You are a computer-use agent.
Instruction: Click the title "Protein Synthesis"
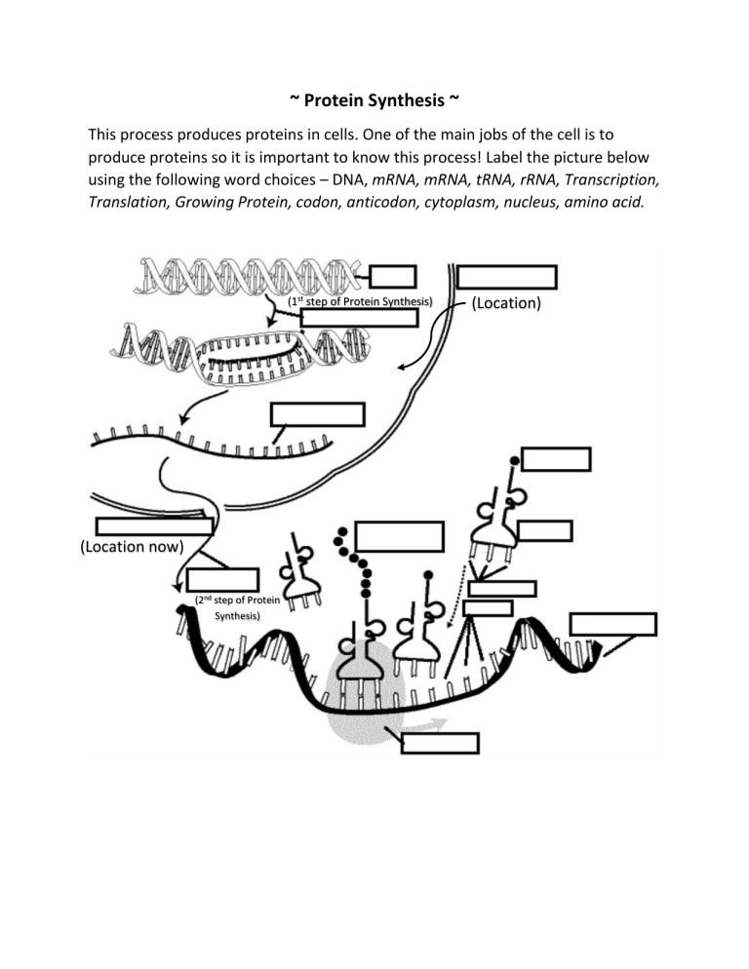point(374,101)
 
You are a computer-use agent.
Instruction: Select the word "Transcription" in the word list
point(606,178)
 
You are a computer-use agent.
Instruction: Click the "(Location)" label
point(506,303)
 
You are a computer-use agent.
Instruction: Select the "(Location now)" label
point(129,546)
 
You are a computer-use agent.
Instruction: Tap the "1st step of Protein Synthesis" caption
point(361,301)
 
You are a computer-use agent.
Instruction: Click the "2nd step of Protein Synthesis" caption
point(237,608)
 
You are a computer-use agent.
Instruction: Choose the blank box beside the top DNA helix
point(393,278)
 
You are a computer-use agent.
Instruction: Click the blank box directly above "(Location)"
point(507,278)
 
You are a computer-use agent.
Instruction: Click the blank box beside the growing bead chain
point(400,537)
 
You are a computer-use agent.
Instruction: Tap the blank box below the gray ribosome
point(441,743)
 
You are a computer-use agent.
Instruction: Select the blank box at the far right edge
point(612,625)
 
